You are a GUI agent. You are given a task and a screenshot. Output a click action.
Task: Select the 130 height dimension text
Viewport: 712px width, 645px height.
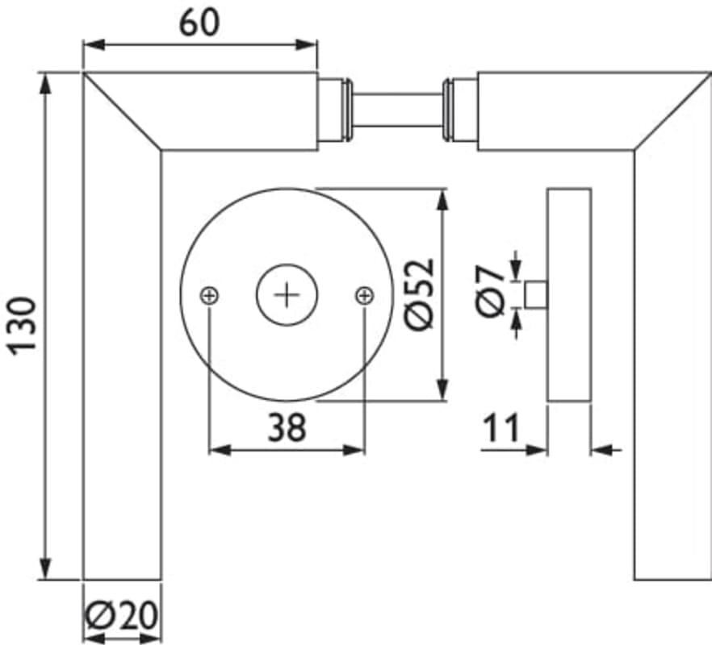click(x=22, y=326)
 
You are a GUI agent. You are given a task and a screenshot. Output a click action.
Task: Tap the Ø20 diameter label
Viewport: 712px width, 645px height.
click(x=122, y=615)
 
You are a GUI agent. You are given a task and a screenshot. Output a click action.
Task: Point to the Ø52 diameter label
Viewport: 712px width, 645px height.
click(x=420, y=294)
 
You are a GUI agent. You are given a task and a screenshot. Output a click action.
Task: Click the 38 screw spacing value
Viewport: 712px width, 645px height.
click(x=287, y=427)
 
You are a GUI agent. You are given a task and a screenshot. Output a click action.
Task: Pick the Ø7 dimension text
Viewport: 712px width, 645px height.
click(x=491, y=291)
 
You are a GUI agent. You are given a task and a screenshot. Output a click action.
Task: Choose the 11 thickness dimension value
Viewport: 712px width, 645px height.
click(x=500, y=427)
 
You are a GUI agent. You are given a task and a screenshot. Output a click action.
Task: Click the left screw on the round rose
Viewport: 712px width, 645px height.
click(x=209, y=296)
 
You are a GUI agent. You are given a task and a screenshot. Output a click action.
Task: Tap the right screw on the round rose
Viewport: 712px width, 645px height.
click(x=365, y=296)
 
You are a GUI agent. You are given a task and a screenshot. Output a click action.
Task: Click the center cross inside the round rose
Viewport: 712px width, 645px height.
click(x=287, y=295)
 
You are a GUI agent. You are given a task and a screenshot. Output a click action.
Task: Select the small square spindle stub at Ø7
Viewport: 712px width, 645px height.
click(x=536, y=295)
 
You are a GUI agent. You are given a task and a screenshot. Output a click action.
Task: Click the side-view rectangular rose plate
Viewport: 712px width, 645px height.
click(x=569, y=295)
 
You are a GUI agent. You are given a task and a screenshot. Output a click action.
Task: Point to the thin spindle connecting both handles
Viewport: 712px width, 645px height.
click(x=397, y=110)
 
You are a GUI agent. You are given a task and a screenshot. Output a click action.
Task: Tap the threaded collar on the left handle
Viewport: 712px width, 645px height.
click(x=347, y=110)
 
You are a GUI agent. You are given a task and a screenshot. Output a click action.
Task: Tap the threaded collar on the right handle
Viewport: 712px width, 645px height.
click(x=447, y=110)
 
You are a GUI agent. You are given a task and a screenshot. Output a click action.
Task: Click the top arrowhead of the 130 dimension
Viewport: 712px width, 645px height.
click(x=45, y=84)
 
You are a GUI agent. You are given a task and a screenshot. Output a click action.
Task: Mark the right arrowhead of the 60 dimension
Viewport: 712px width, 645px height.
click(x=306, y=45)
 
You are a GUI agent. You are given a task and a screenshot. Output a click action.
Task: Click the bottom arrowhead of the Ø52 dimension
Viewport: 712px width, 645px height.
click(x=442, y=390)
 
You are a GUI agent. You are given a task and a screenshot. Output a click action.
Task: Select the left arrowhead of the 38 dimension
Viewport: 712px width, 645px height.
click(x=220, y=451)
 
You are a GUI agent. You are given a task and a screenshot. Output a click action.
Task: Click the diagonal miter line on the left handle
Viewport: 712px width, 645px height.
click(x=122, y=111)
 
